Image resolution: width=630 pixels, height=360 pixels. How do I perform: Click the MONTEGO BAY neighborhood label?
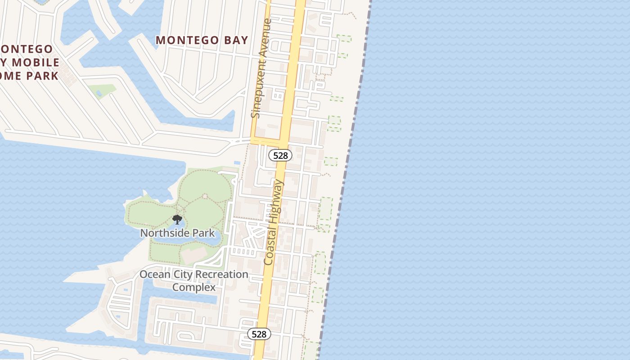point(202,40)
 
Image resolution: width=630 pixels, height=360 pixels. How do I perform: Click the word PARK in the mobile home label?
point(42,76)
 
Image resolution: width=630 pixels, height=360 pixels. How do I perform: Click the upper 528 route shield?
point(280,155)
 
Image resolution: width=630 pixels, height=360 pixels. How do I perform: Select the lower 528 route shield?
point(259,334)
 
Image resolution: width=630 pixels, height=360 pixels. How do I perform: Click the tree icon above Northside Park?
point(177,220)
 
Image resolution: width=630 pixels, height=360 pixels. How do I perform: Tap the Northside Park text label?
point(177,233)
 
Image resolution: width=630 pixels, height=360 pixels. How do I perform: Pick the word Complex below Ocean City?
point(194,287)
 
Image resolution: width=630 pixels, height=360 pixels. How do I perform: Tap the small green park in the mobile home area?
point(101,90)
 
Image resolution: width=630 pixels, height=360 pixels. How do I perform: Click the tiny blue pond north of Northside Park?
point(237,163)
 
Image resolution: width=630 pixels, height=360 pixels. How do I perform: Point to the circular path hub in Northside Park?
point(205,196)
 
